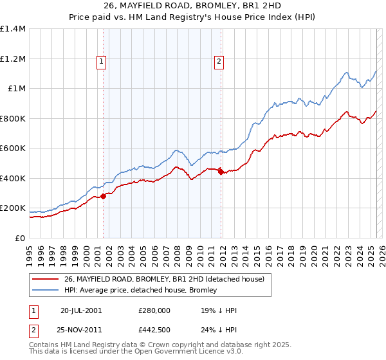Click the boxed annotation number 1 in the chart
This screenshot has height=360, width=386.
click(x=102, y=62)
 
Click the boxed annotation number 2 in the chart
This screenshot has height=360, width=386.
click(x=219, y=62)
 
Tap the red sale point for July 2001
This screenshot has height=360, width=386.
click(x=103, y=197)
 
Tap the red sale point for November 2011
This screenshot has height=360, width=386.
click(x=221, y=172)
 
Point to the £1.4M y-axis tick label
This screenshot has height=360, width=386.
click(x=13, y=29)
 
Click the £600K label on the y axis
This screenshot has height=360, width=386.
click(x=13, y=148)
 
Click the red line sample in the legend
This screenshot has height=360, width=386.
click(x=45, y=279)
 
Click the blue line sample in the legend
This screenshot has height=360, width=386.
click(x=45, y=291)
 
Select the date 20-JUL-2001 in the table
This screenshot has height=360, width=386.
click(x=81, y=310)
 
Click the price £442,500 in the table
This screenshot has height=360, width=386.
click(x=154, y=331)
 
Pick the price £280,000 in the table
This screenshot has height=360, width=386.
click(x=154, y=310)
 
